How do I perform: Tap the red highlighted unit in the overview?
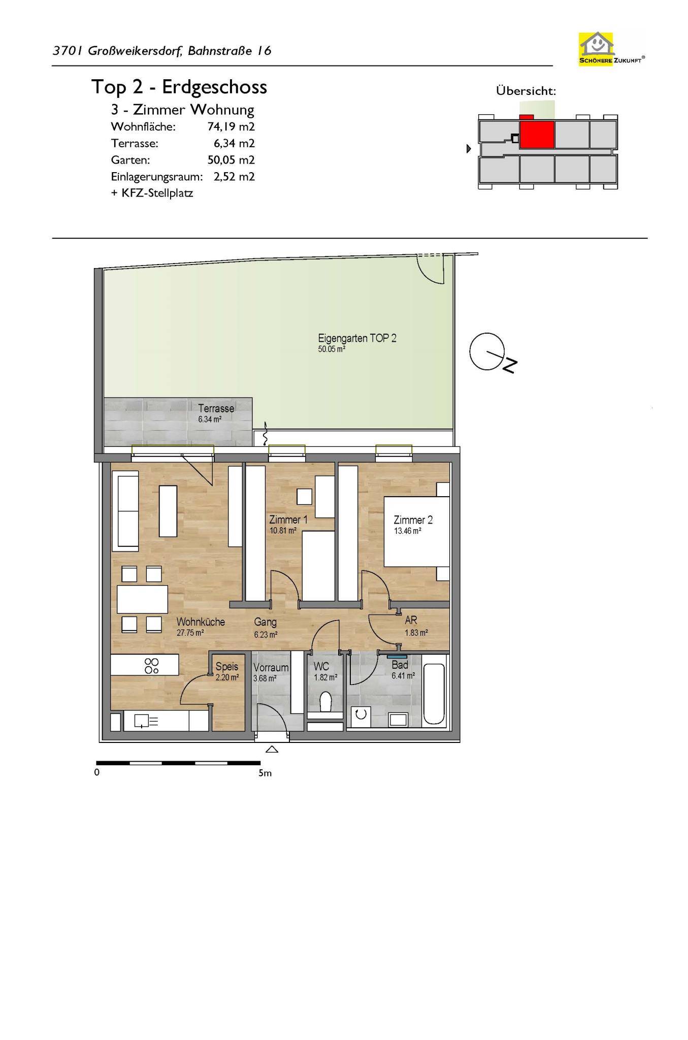click(x=536, y=134)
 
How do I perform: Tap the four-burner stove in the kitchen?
click(x=152, y=665)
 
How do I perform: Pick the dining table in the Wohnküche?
click(x=142, y=600)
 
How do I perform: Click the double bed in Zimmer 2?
click(x=416, y=532)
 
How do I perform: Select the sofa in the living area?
click(x=128, y=511)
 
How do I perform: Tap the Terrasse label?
click(x=216, y=408)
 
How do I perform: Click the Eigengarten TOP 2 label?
click(x=357, y=338)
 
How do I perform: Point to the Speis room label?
click(x=226, y=667)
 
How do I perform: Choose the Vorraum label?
click(x=271, y=668)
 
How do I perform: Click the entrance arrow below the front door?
click(x=272, y=749)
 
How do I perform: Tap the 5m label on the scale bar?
click(x=265, y=773)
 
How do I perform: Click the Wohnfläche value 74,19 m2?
click(x=231, y=126)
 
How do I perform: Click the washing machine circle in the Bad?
click(x=361, y=714)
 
